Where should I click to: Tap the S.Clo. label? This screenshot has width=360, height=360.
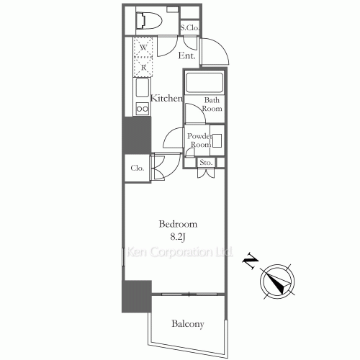(191, 28)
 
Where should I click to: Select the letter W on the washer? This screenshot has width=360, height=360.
(144, 48)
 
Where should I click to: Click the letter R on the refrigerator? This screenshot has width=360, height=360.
(144, 67)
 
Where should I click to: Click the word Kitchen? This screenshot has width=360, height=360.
(166, 99)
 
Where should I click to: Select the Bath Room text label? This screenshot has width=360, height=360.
(212, 104)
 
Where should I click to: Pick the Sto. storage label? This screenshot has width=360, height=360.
(204, 162)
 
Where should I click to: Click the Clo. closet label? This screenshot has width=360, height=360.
(137, 168)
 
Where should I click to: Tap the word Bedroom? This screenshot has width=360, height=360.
(178, 225)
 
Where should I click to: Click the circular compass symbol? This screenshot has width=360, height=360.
(279, 280)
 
